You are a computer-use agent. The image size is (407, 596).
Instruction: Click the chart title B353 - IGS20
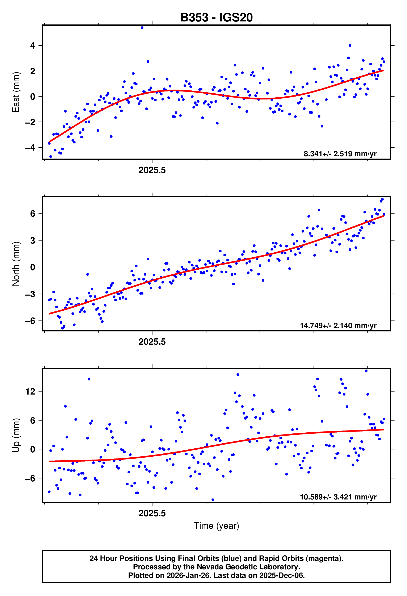point(217,17)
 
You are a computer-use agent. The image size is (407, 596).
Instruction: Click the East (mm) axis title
point(16,92)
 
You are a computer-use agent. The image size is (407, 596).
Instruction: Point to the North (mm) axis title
point(16,264)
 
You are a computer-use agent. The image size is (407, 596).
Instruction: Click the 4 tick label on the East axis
point(33,46)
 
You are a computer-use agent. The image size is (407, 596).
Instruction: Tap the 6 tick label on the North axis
point(33,213)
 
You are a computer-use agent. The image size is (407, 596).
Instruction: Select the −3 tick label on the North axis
point(30,294)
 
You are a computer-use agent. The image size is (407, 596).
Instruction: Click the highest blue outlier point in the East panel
point(142,28)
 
